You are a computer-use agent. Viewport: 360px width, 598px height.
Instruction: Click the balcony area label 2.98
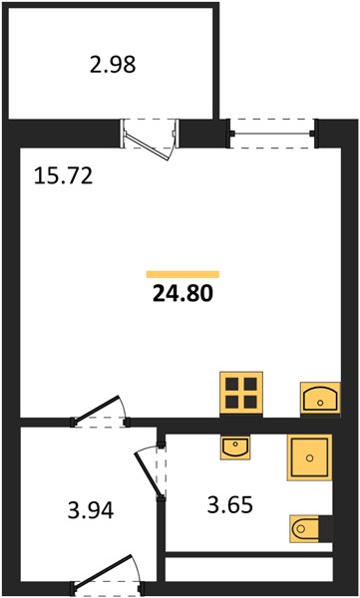point(113,65)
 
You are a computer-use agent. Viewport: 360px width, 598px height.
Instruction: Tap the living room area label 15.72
point(63,176)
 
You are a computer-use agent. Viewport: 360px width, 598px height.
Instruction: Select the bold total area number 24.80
point(182,294)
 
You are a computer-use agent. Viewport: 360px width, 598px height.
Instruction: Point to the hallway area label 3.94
point(91,510)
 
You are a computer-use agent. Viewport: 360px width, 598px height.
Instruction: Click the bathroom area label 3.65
point(229,505)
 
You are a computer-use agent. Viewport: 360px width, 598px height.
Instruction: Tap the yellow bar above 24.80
point(182,274)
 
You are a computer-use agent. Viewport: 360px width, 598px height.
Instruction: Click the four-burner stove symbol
point(241,394)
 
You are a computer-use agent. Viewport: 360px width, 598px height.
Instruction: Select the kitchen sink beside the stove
point(320,398)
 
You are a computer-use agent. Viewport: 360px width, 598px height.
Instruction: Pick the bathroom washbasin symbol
point(235,448)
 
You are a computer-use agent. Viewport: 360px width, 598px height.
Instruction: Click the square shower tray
point(309,457)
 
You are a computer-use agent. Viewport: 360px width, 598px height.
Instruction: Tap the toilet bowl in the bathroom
point(304,528)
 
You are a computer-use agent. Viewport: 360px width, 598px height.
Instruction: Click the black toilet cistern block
point(326,528)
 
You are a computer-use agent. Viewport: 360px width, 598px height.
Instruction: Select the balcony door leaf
point(149,148)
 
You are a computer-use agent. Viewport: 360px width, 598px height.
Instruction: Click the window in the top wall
point(273,134)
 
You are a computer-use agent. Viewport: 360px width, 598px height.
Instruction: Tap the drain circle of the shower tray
point(309,457)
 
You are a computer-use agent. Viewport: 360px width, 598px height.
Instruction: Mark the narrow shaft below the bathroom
point(249,569)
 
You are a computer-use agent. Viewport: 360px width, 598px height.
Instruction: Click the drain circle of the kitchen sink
point(320,403)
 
